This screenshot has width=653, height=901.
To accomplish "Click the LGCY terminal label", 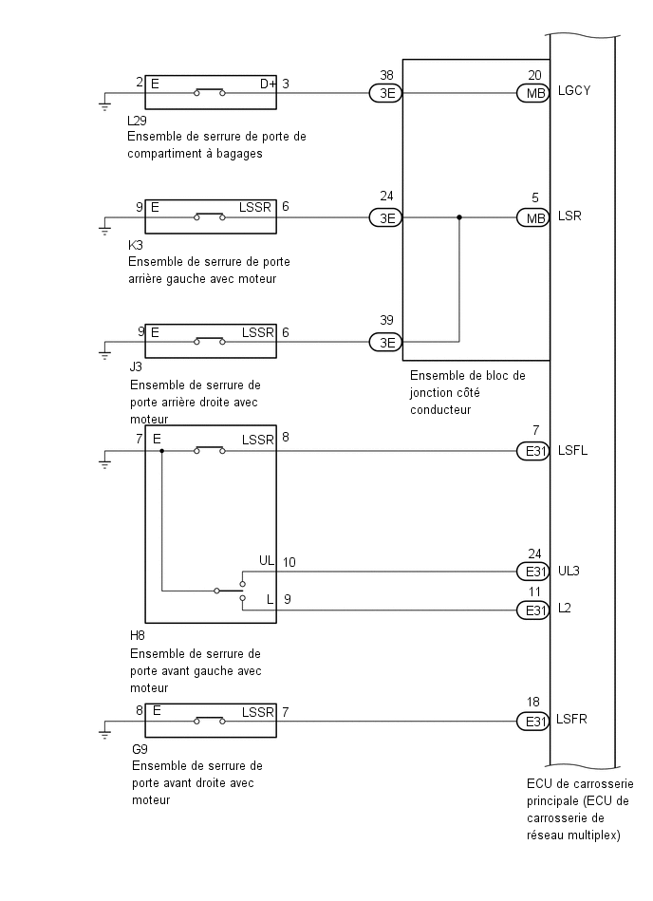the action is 573,91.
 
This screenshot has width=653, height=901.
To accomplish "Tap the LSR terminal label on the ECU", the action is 569,216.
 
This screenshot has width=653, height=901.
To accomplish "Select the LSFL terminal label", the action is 572,450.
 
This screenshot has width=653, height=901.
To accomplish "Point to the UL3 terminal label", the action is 569,572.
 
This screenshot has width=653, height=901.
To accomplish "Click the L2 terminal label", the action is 564,608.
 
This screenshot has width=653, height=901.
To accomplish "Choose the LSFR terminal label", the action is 571,720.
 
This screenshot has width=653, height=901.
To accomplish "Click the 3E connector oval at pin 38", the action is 386,93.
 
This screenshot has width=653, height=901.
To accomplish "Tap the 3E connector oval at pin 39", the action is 386,343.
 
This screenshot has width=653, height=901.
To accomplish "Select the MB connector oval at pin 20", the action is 533,93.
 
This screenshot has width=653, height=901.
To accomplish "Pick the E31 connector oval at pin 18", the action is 533,722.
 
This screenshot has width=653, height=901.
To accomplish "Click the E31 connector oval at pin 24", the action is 533,572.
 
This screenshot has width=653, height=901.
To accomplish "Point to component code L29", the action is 138,121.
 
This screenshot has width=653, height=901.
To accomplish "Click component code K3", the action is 136,245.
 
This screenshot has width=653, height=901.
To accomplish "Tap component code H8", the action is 138,635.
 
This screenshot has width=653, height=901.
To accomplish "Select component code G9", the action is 140,749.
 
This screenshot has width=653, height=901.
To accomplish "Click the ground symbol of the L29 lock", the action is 104,104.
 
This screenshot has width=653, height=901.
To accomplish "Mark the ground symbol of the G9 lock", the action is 104,732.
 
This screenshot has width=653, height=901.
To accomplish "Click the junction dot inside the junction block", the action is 458,217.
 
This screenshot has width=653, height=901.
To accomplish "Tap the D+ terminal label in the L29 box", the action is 268,84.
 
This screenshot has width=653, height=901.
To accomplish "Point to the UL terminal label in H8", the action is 267,560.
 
